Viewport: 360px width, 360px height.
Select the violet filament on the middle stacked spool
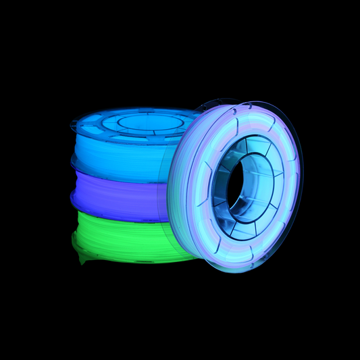115,196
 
